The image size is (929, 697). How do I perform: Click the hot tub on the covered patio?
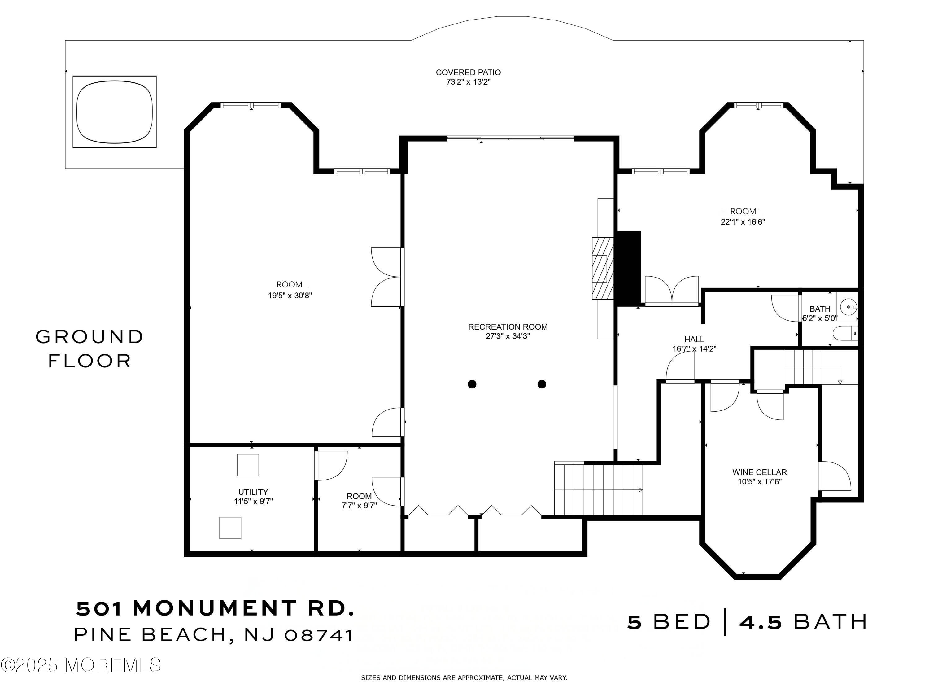115,112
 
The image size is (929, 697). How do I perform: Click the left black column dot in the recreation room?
472,384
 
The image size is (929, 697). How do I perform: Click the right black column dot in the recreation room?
542,384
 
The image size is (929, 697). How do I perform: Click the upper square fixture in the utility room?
248,465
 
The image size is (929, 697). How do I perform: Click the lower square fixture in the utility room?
230,528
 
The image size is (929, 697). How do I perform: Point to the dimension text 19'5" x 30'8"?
290,295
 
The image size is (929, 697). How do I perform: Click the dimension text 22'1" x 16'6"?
743,222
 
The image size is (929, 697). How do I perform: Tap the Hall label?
694,339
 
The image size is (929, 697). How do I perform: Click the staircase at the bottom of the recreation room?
599,488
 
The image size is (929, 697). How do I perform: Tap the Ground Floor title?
89,349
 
